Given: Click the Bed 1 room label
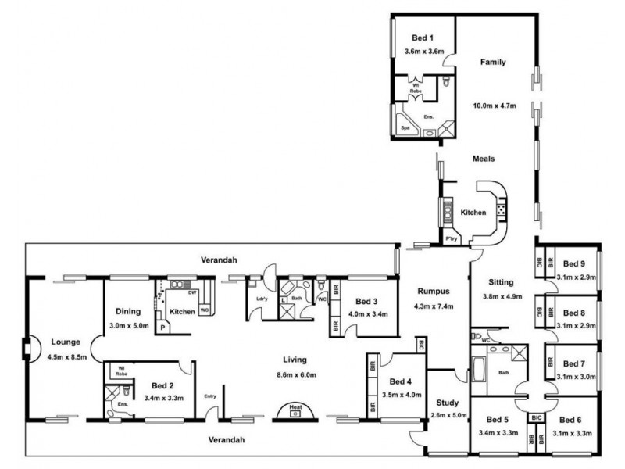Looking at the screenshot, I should (423, 38).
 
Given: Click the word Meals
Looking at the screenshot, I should (484, 159).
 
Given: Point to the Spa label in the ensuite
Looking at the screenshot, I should (405, 126).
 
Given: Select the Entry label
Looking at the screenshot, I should (209, 396).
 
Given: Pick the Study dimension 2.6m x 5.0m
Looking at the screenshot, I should (448, 416).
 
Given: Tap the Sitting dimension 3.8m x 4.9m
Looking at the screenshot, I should (500, 296).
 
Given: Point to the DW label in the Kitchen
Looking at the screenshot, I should (191, 291).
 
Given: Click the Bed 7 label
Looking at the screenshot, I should (573, 363).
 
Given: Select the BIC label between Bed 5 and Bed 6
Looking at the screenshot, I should (535, 418).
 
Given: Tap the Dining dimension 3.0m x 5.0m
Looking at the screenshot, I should (127, 325).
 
